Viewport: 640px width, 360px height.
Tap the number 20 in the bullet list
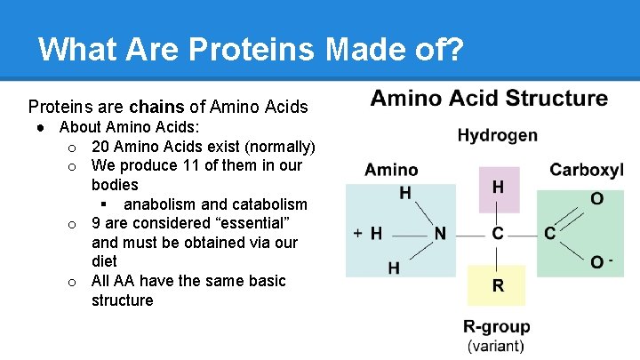(x=100, y=146)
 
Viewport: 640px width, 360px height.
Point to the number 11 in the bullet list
(x=169, y=165)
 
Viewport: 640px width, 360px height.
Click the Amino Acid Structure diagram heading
(x=489, y=98)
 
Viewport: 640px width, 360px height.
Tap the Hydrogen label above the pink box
(x=497, y=135)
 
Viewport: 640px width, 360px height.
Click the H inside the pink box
(x=498, y=188)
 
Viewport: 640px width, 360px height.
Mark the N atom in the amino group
(x=440, y=234)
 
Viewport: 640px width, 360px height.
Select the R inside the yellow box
(x=498, y=285)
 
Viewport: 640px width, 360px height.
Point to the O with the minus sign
(x=599, y=261)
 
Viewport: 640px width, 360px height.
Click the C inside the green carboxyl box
(x=550, y=234)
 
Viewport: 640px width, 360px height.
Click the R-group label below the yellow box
(x=496, y=326)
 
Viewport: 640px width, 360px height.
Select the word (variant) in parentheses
(x=496, y=346)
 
